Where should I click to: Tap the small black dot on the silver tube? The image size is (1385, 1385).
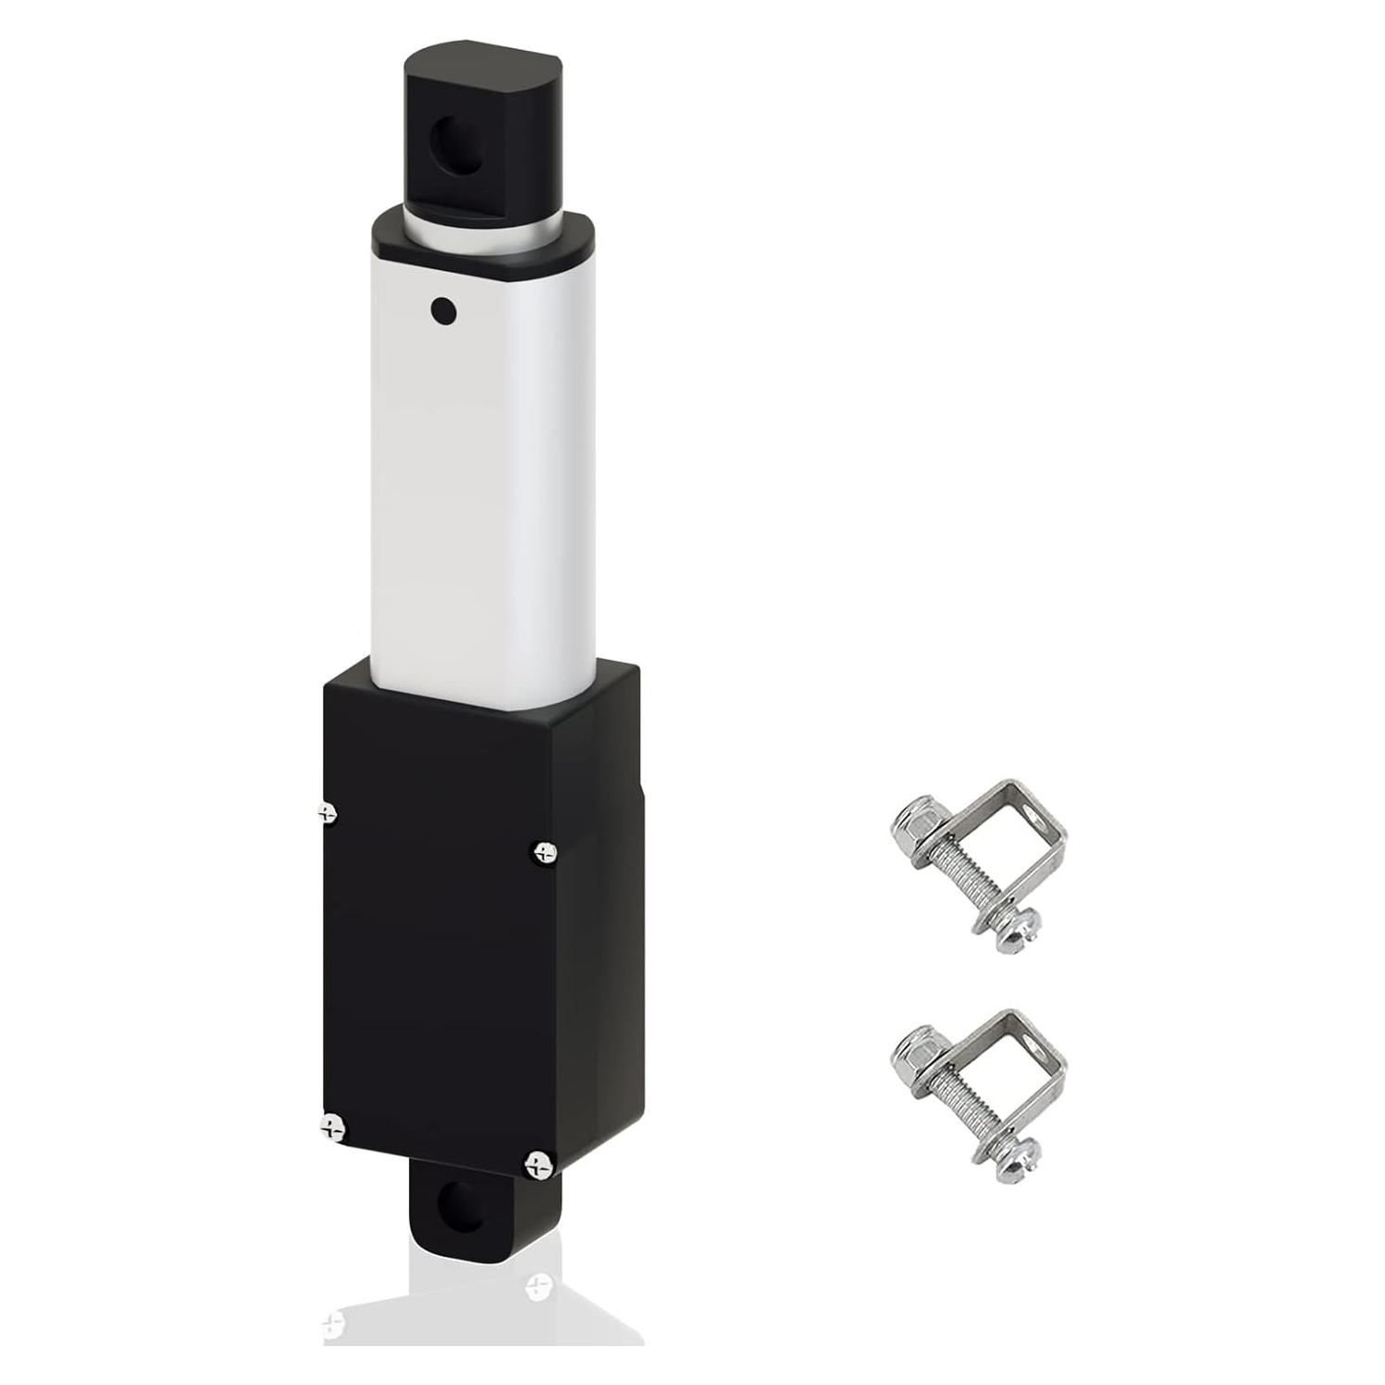(x=444, y=311)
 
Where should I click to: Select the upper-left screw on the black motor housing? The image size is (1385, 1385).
(x=327, y=812)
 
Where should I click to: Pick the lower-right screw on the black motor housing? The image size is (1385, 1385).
(x=538, y=1164)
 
